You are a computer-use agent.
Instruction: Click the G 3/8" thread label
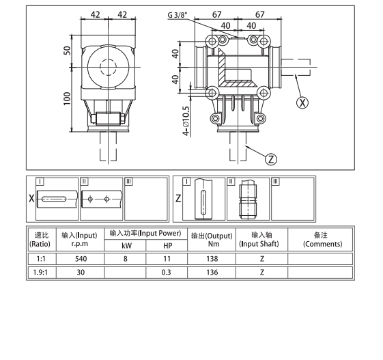[x=180, y=14]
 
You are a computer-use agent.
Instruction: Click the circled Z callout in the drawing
[x=271, y=159]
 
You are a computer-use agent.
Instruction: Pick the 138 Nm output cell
[x=213, y=259]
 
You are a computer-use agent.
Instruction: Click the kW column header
[x=126, y=245]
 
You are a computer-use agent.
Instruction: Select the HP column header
[x=167, y=245]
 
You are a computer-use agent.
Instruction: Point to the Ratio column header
[x=41, y=239]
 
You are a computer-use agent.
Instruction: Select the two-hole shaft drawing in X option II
[x=100, y=200]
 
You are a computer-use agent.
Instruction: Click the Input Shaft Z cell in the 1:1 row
[x=262, y=259]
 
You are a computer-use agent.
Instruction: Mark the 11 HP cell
[x=167, y=259]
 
